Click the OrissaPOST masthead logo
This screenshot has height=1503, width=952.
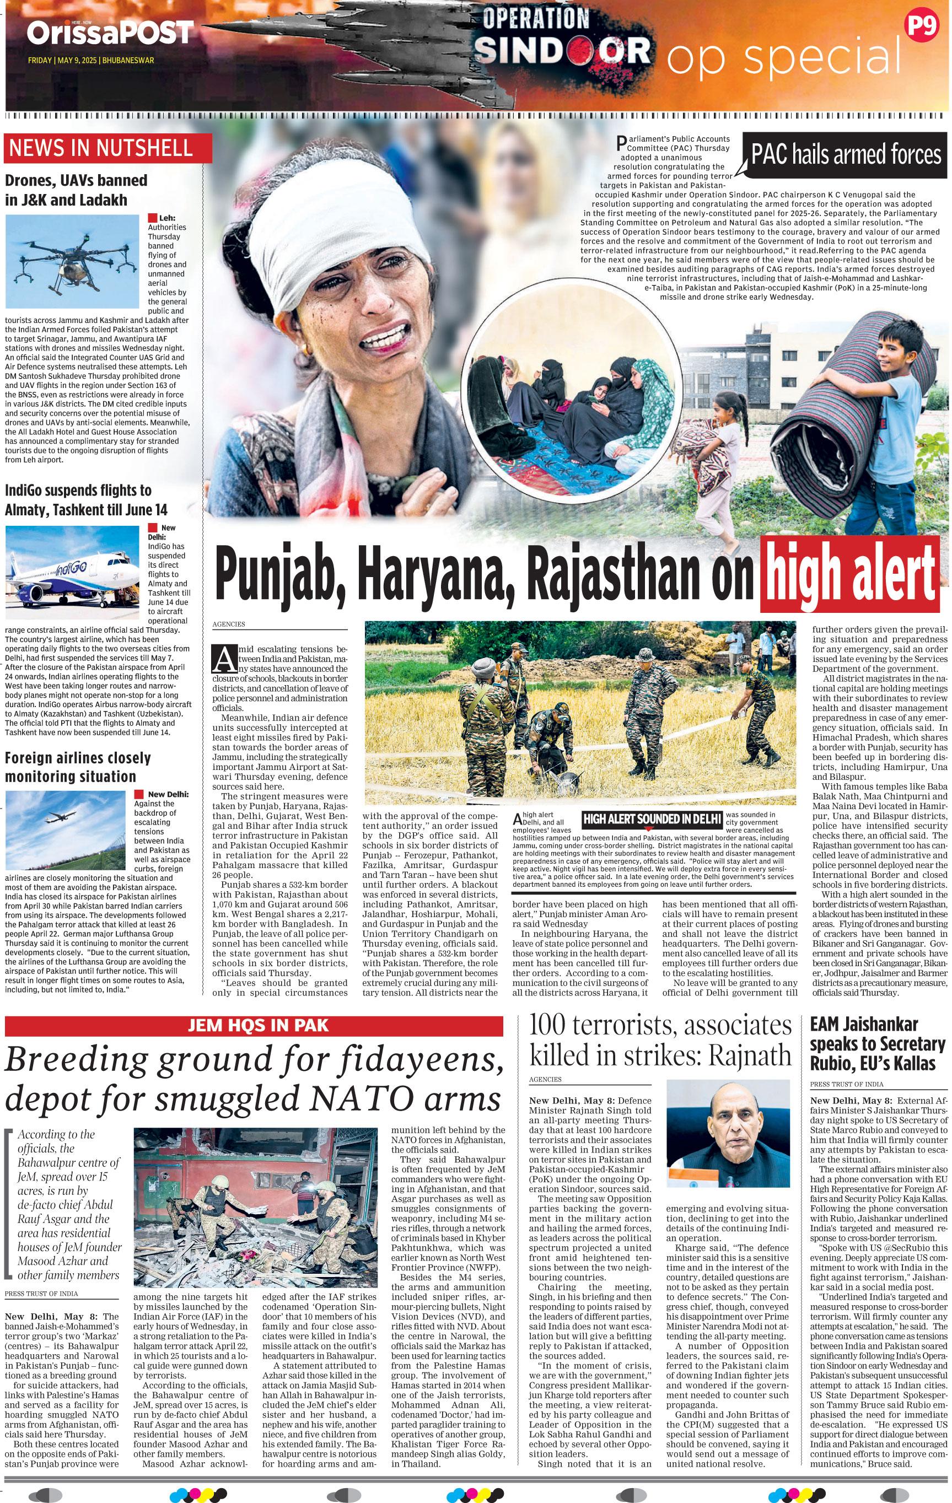tap(110, 33)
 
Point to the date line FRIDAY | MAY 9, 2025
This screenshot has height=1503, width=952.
tap(90, 61)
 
